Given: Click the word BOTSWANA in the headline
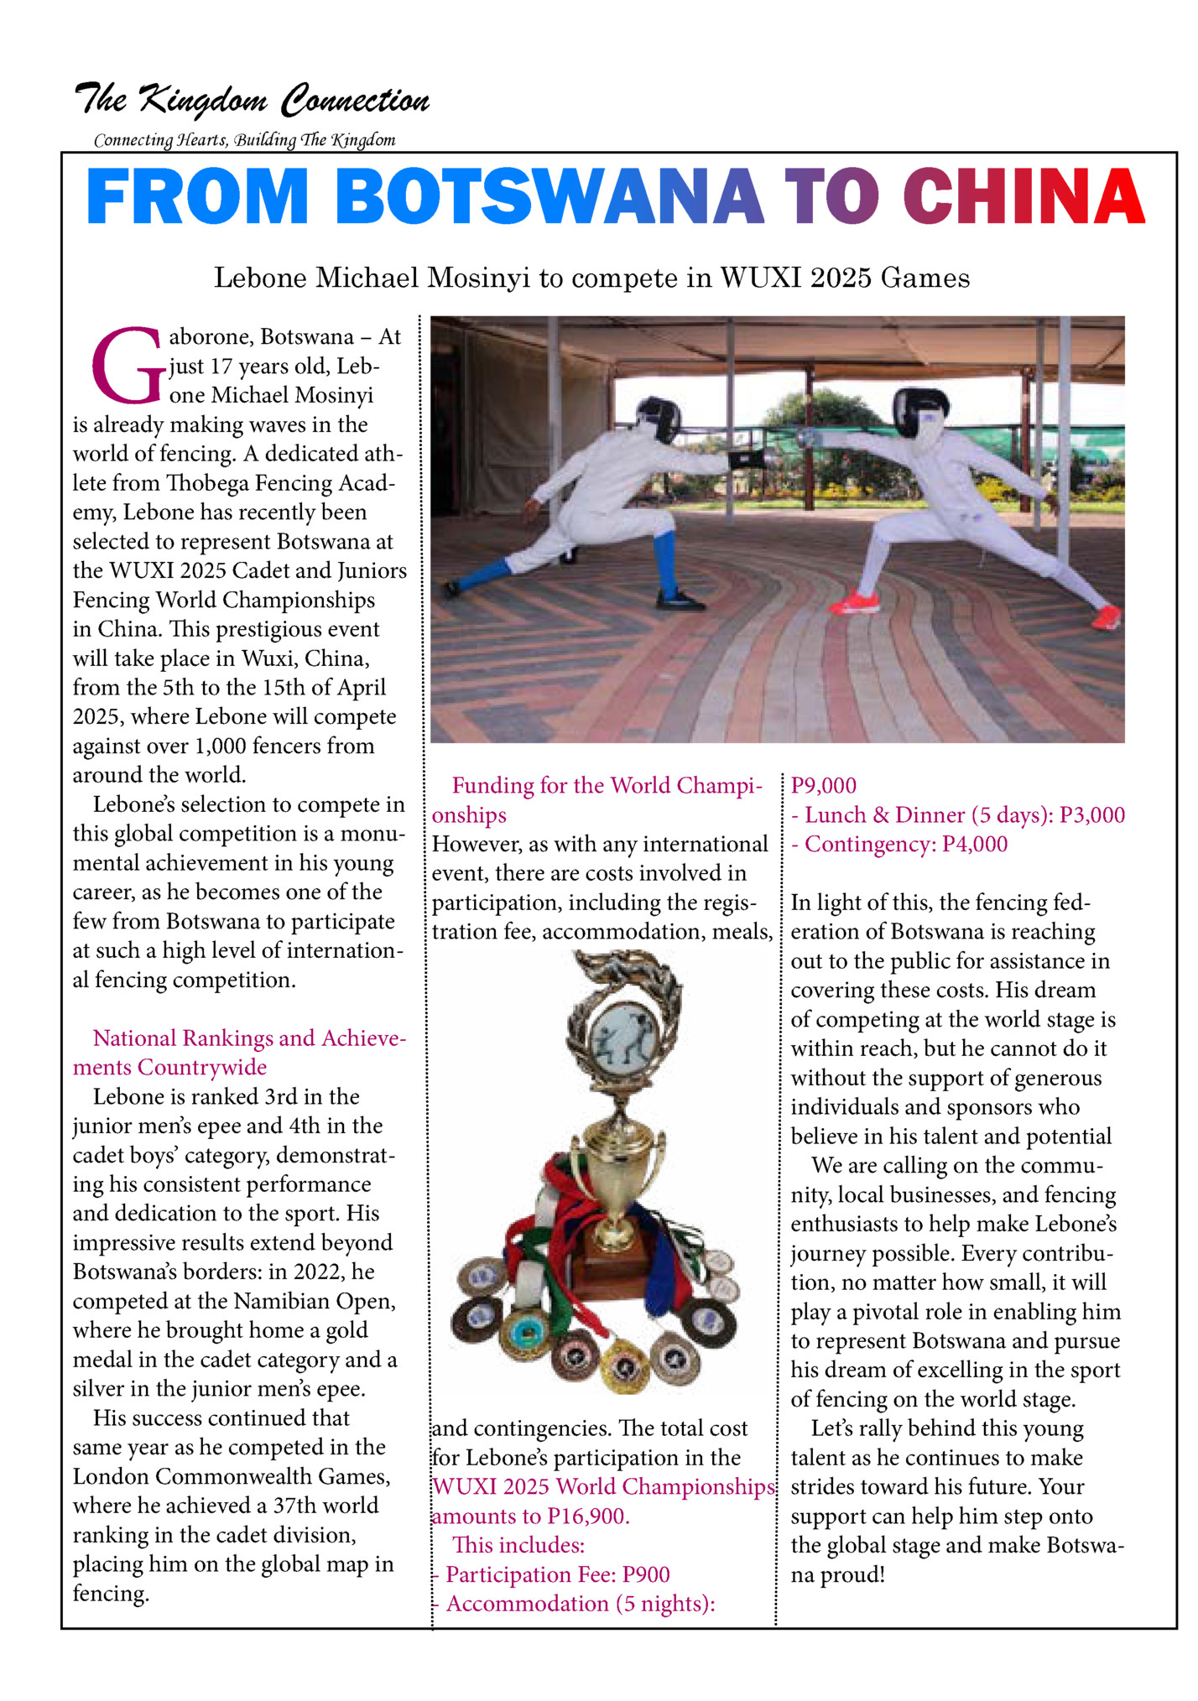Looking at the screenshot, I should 550,196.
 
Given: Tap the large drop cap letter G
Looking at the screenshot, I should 126,367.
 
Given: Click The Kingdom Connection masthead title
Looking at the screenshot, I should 252,100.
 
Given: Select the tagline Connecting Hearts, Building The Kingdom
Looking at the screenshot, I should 244,140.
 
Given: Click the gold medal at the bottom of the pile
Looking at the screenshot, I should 624,1368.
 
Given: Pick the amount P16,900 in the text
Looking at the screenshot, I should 587,1516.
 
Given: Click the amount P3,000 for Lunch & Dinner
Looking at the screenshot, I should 1091,815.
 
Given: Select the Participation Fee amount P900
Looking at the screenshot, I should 645,1575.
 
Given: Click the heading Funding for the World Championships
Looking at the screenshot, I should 597,799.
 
